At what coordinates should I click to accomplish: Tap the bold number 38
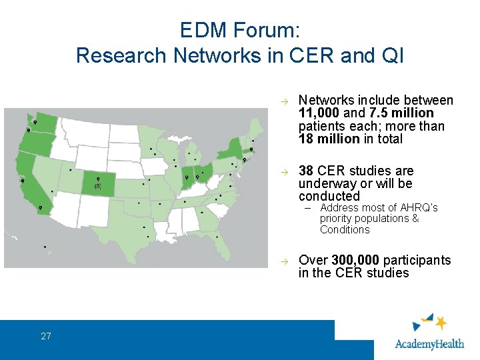306,171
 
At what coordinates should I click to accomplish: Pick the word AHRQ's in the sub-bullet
420,208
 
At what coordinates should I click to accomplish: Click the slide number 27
45,336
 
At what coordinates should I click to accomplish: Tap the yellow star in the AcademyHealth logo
440,323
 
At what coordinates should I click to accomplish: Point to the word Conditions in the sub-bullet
345,230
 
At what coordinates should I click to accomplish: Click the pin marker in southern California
41,208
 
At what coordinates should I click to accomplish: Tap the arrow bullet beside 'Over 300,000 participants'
283,261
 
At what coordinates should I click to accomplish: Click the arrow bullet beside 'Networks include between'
283,101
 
